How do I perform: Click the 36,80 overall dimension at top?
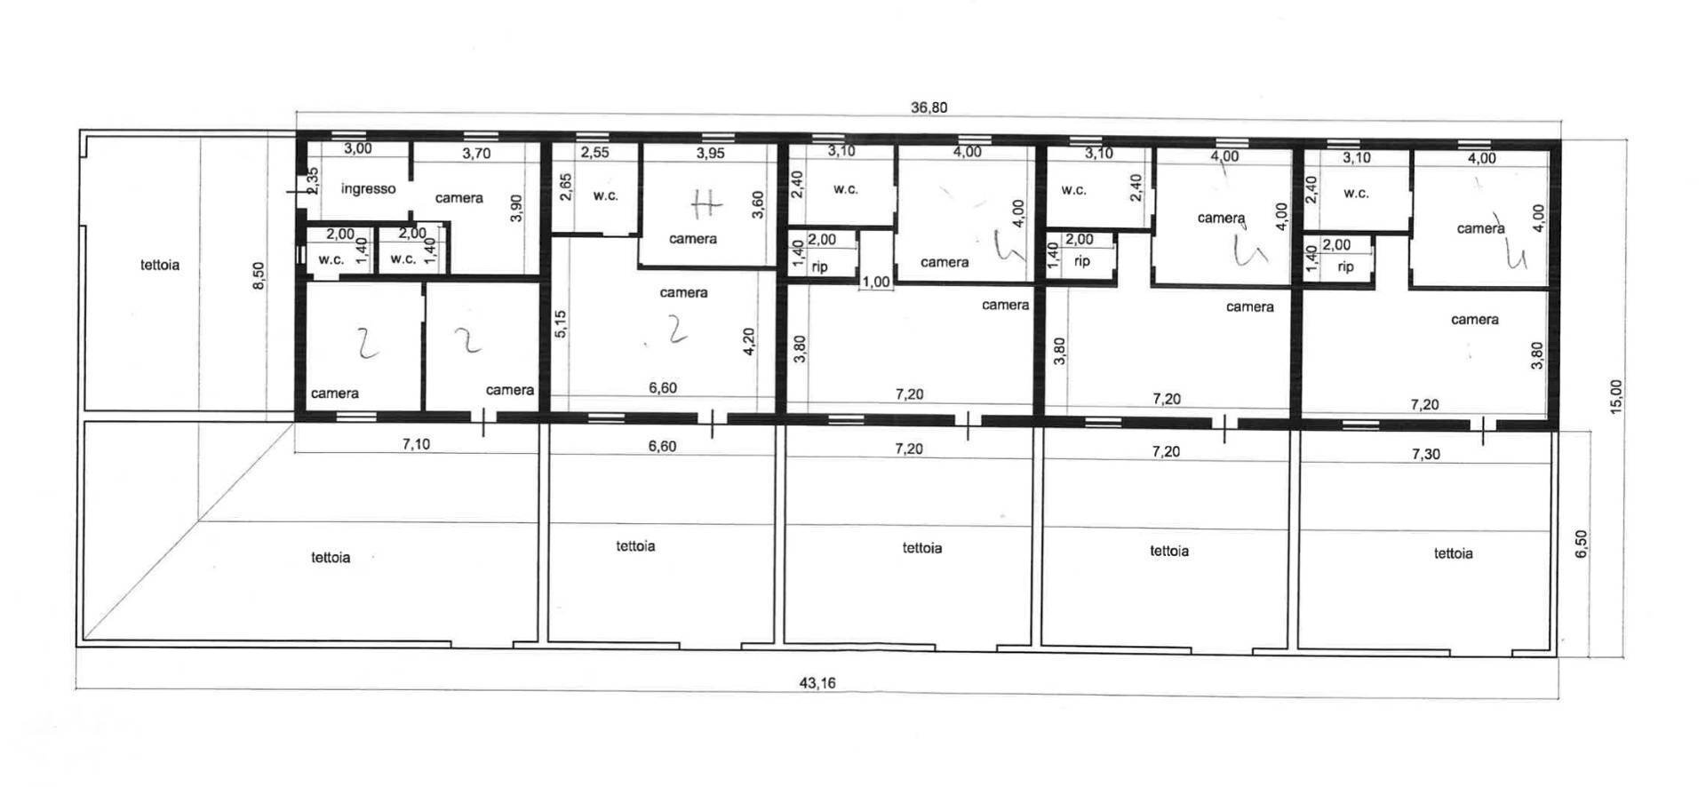coord(929,107)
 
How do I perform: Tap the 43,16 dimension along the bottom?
coord(817,683)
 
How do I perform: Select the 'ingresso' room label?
coord(368,188)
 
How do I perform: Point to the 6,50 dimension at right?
coord(1581,543)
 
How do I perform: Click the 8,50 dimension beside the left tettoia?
coord(259,274)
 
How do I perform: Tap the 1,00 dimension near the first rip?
coord(876,282)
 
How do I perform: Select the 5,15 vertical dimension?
coord(561,323)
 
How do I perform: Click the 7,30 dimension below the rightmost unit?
coord(1425,454)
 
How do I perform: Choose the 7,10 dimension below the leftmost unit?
coord(416,444)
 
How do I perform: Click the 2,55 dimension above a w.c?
coord(594,153)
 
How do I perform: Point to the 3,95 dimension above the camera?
coord(710,153)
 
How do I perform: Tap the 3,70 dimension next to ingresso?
coord(476,153)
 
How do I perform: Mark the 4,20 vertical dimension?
coord(748,341)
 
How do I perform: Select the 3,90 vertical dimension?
coord(517,208)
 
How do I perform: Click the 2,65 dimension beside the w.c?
coord(566,187)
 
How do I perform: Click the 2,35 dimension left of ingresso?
coord(313,181)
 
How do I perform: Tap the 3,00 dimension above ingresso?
coord(358,149)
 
